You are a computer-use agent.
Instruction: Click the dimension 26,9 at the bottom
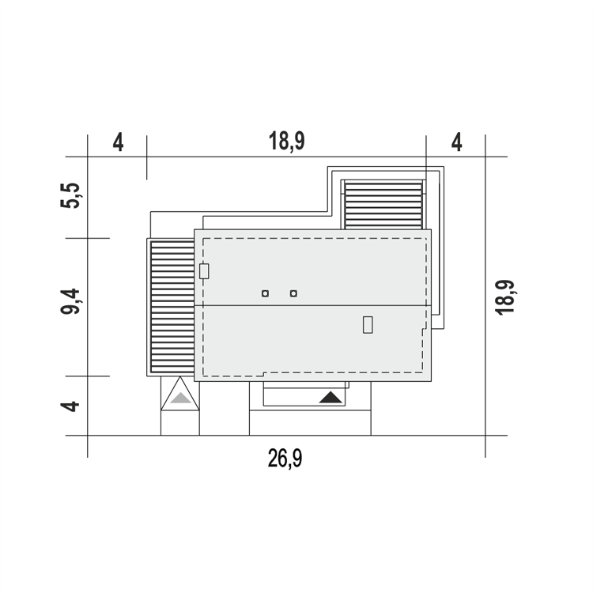click(x=285, y=459)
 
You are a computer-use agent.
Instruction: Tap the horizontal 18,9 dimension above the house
click(x=286, y=142)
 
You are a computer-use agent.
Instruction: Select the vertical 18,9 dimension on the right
click(x=505, y=297)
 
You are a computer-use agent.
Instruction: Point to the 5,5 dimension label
click(x=70, y=195)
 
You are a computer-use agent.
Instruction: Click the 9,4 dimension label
click(x=70, y=301)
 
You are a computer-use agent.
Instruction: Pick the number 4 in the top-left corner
click(x=119, y=142)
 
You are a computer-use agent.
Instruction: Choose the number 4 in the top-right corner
click(x=457, y=142)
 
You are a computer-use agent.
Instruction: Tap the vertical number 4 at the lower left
click(x=70, y=406)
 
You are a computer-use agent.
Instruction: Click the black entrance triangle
click(x=330, y=398)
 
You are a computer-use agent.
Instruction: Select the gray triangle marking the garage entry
click(x=180, y=398)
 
